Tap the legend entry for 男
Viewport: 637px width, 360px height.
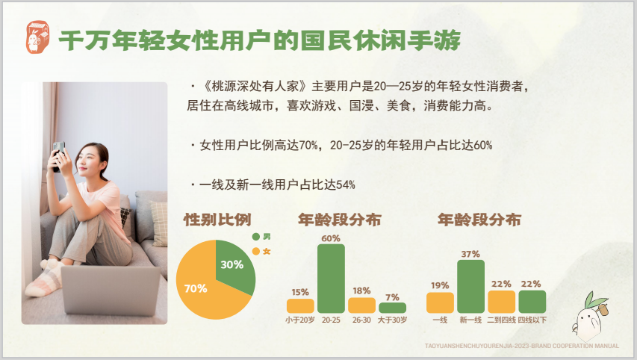coord(261,237)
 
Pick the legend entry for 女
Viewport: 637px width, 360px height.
coord(261,252)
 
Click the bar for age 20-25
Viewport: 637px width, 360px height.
coord(331,279)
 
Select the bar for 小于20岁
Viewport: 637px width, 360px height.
coord(300,306)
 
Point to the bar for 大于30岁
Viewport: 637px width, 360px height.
coord(393,308)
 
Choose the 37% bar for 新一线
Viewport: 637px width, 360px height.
coord(471,287)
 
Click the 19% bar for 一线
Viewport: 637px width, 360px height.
coord(440,302)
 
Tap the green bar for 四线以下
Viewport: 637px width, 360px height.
coord(532,302)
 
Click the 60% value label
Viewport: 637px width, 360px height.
coord(331,238)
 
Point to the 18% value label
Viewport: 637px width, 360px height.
coord(361,291)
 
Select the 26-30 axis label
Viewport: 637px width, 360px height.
coord(361,320)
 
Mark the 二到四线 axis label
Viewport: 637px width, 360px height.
coord(501,320)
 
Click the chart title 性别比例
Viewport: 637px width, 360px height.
coord(217,220)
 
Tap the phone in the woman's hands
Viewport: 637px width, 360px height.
coord(58,155)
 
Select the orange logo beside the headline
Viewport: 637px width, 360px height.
coord(38,37)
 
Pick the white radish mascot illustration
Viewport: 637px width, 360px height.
coord(589,317)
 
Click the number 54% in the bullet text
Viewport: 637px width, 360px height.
coord(346,185)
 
